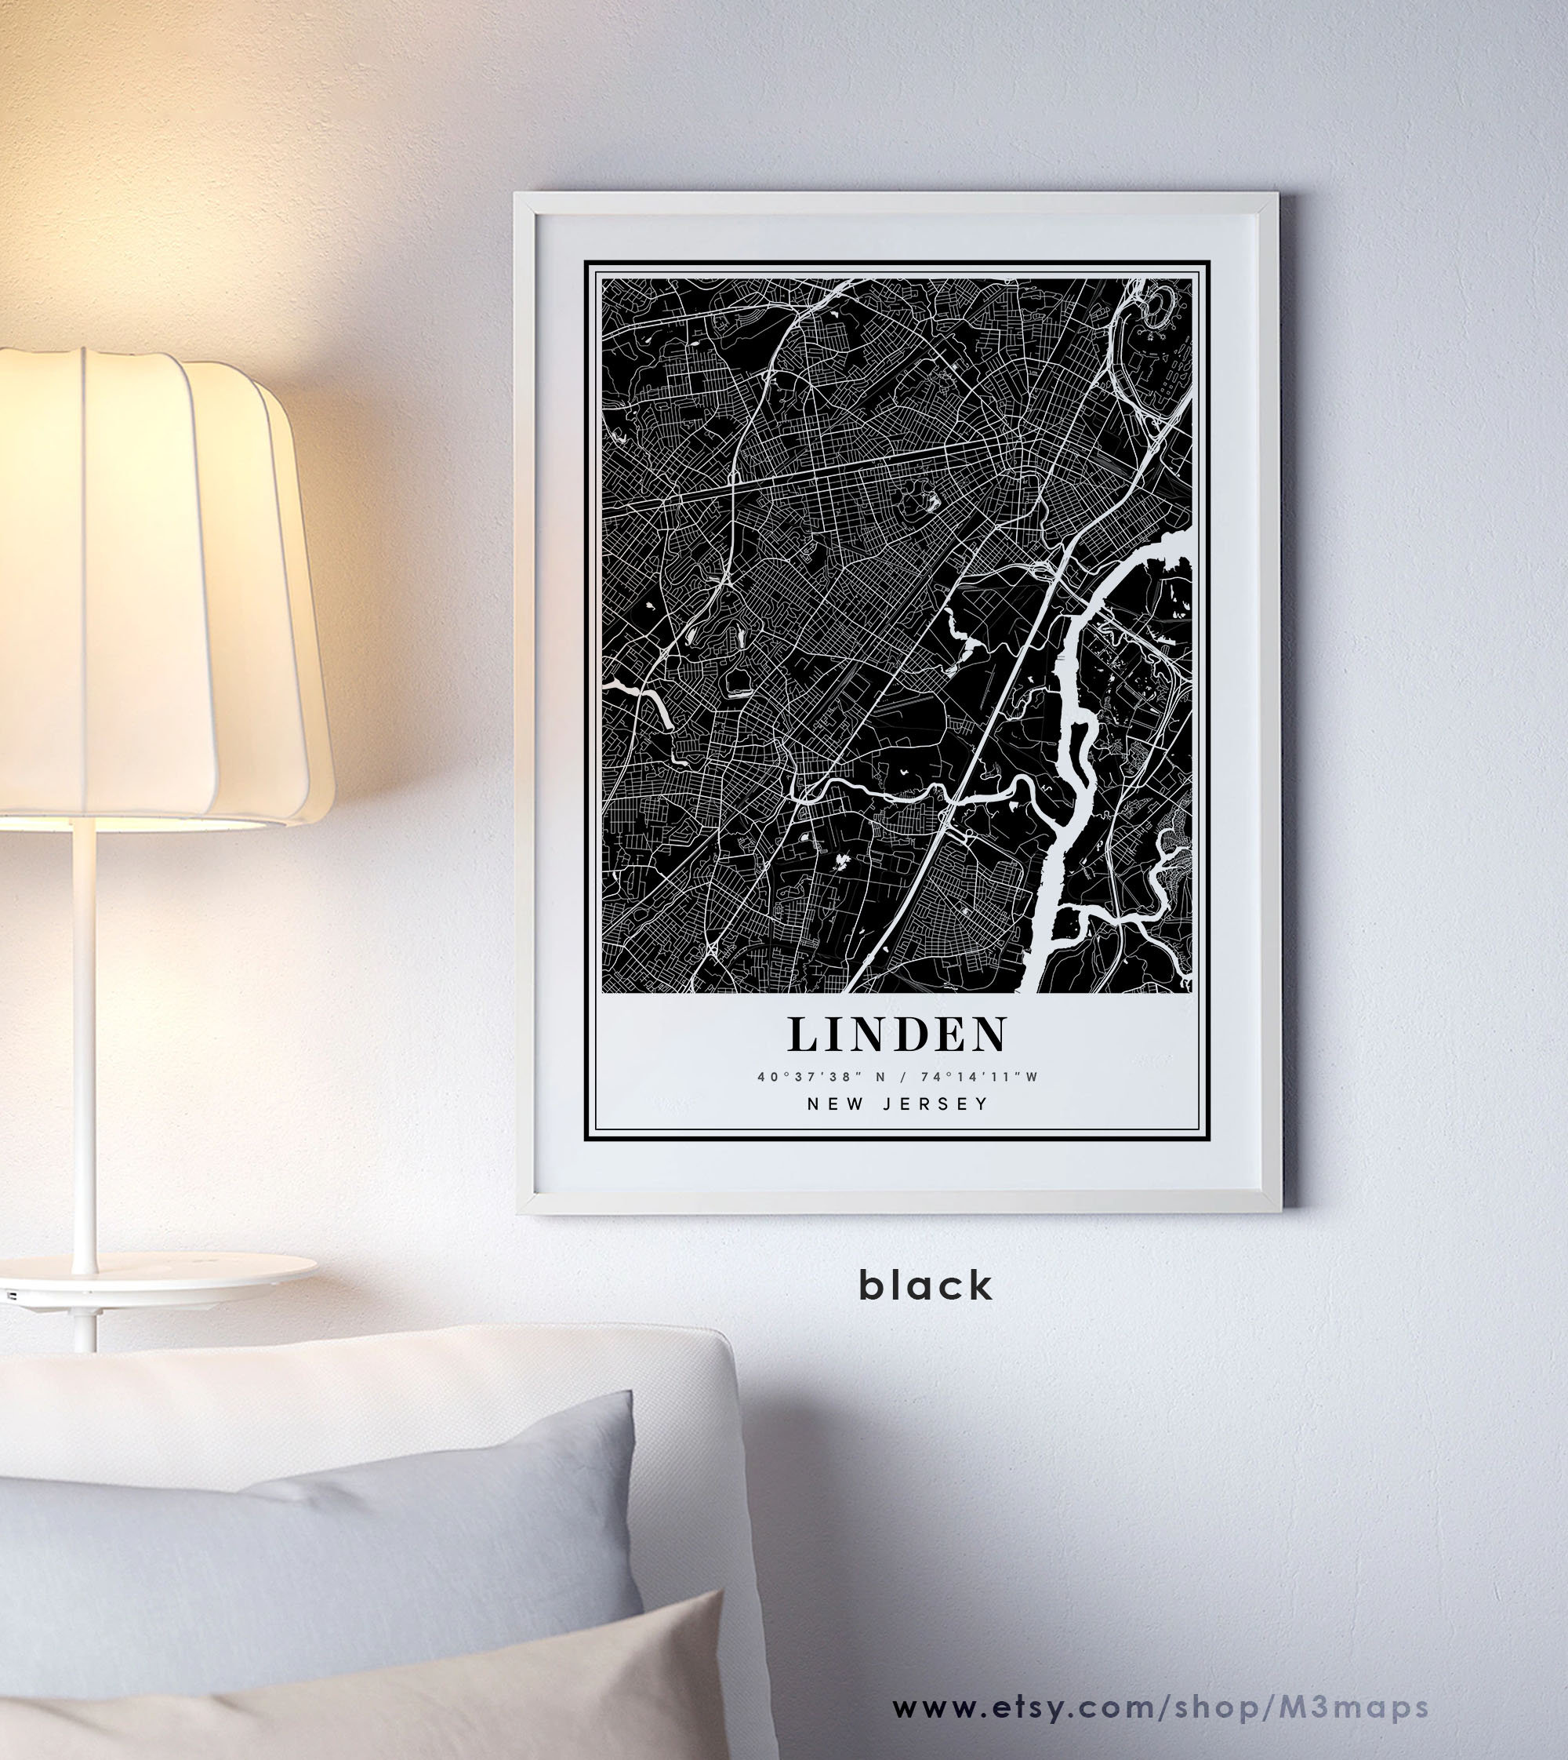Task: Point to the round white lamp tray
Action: coord(155,1271)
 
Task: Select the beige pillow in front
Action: coord(517,1689)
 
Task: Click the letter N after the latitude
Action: coord(879,1077)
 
